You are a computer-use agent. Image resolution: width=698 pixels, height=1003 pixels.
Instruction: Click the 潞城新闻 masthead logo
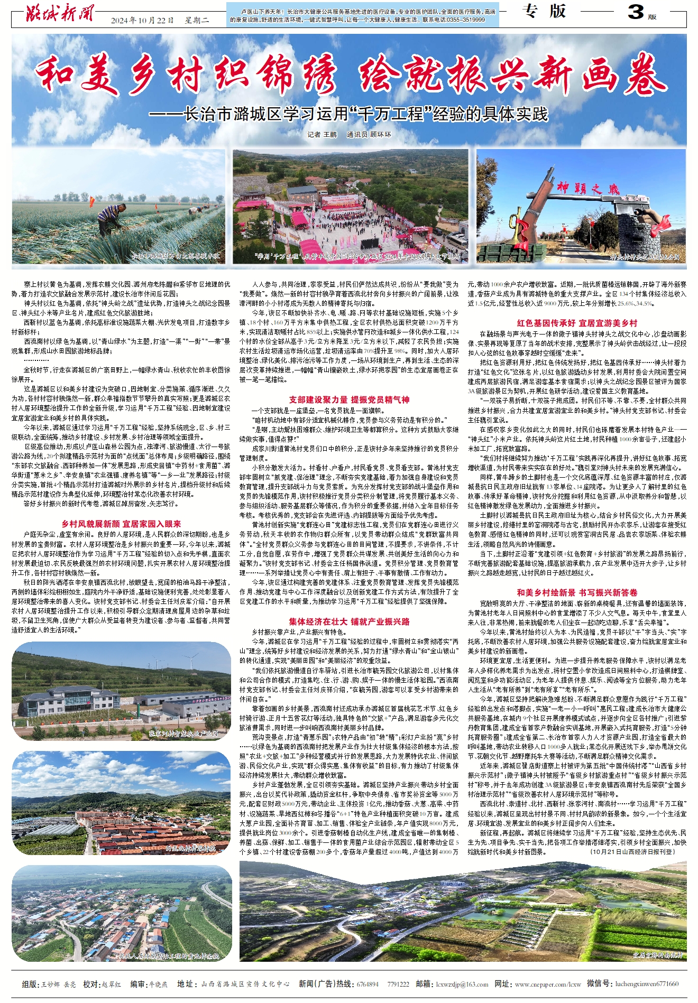59,13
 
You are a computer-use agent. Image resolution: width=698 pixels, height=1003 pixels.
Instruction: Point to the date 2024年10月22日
142,21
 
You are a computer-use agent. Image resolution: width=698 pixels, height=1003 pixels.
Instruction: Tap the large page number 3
636,13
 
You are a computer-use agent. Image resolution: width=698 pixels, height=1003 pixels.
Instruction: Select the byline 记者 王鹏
322,135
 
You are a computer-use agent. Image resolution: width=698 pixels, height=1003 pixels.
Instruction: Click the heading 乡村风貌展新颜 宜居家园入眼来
121,524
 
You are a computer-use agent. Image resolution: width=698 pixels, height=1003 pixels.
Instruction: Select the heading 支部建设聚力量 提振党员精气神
349,400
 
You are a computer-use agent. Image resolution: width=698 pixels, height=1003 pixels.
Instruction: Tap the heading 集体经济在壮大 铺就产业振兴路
349,621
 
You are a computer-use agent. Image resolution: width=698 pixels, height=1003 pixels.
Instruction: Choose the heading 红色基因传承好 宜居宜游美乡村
577,323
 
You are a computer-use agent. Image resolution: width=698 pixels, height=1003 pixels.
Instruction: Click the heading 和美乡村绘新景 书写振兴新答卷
577,592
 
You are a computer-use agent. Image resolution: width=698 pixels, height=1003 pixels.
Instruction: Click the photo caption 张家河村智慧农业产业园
183,733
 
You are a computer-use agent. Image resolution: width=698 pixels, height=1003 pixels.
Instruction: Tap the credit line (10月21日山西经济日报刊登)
632,851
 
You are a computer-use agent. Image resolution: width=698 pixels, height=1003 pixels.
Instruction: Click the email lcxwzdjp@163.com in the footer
462,984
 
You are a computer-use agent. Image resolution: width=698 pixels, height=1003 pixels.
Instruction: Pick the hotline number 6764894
368,984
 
